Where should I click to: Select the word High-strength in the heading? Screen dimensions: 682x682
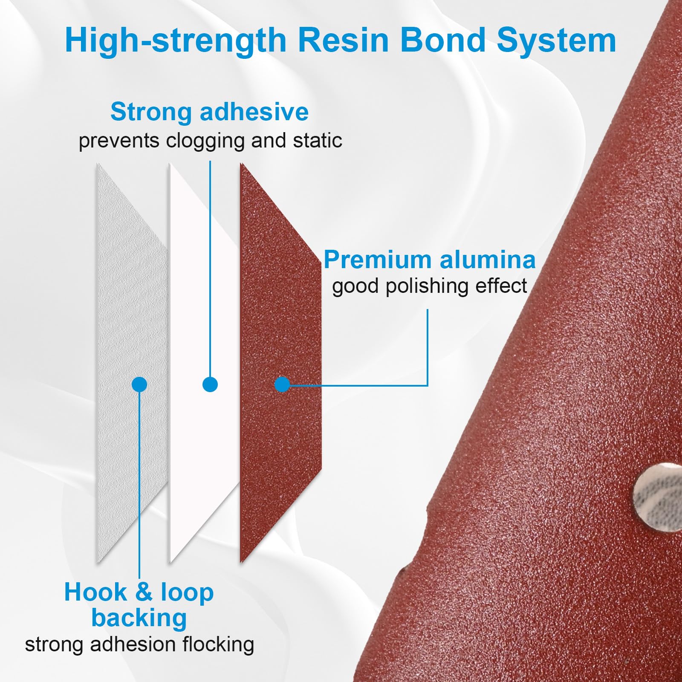point(175,40)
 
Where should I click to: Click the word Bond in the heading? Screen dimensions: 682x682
point(443,40)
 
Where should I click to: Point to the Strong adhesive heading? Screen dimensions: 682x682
point(209,112)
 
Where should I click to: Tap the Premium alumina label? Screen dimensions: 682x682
point(429,260)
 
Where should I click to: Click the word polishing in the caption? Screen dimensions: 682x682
point(427,286)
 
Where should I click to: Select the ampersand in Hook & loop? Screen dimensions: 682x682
point(144,592)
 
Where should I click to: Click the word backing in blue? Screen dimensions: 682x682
point(139,618)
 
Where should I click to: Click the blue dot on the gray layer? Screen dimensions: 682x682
point(139,384)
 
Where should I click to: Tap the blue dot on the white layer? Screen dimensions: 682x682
point(210,384)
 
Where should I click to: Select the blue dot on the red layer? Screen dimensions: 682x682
point(282,384)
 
